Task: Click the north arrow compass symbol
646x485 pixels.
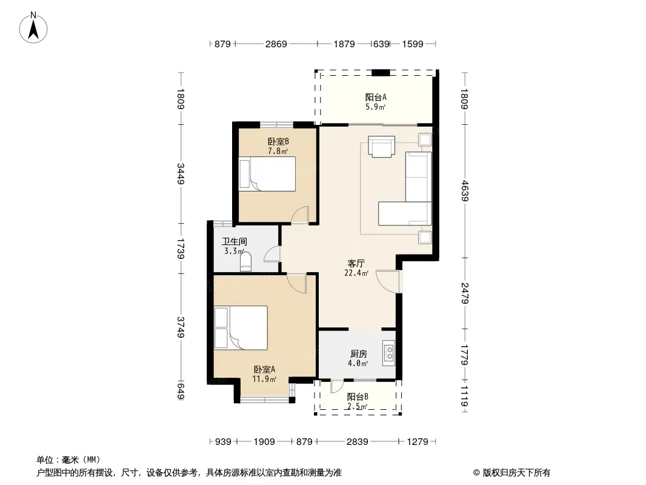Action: (x=33, y=27)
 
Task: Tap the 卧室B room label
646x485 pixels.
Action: (x=278, y=141)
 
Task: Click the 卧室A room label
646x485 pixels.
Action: (x=264, y=369)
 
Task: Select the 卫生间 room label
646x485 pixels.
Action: (x=235, y=241)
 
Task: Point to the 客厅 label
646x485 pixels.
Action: (x=356, y=263)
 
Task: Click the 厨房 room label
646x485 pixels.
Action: (x=358, y=353)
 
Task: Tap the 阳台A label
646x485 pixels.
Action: (x=376, y=97)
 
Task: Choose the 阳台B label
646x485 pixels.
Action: (x=357, y=397)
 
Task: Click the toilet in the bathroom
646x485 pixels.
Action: (x=245, y=262)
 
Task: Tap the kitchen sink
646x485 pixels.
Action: (x=388, y=353)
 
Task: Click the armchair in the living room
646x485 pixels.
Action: (x=382, y=147)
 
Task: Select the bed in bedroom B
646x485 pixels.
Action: (x=267, y=173)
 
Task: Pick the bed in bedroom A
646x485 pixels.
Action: (x=241, y=328)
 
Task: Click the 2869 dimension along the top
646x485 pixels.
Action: (x=276, y=44)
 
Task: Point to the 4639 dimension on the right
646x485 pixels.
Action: (x=465, y=191)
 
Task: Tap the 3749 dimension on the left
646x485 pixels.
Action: (x=181, y=327)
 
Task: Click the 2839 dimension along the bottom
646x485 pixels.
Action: (x=357, y=442)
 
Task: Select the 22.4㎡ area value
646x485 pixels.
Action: (x=356, y=273)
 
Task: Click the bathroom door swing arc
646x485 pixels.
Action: (x=271, y=254)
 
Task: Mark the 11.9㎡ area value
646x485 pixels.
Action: (x=264, y=379)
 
